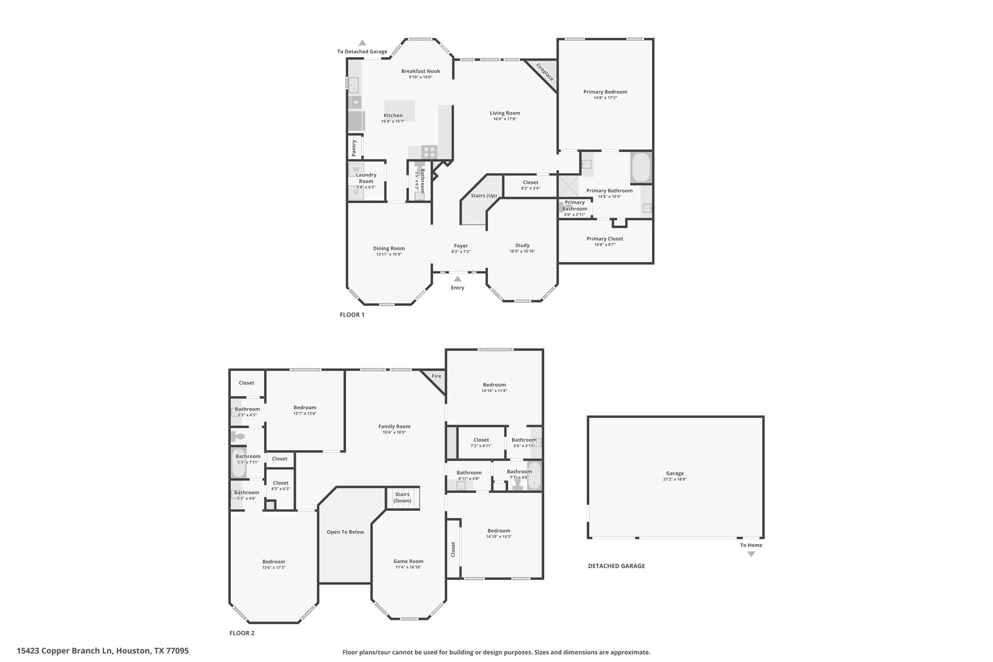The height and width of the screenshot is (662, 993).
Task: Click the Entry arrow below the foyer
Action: [457, 279]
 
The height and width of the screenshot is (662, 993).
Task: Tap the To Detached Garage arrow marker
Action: [362, 43]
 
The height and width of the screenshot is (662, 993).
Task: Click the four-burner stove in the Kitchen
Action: [429, 152]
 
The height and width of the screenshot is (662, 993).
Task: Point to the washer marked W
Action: [356, 170]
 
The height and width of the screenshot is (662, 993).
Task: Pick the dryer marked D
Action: [356, 193]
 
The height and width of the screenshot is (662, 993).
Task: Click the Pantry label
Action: [354, 148]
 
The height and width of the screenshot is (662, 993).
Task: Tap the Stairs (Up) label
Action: [484, 196]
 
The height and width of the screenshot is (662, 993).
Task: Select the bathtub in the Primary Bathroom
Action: [641, 168]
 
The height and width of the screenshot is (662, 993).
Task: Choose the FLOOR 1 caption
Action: [352, 315]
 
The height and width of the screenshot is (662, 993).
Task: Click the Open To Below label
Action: [345, 532]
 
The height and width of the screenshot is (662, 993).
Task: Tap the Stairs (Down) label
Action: [402, 498]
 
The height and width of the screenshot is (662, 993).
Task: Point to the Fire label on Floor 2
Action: [436, 376]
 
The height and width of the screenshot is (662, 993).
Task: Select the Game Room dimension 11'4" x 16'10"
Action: [408, 567]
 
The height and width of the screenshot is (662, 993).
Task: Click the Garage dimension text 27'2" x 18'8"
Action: [675, 479]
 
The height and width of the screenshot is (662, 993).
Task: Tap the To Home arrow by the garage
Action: [751, 554]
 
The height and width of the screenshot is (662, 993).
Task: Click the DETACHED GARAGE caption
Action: [616, 566]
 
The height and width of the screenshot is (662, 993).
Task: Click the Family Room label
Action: [394, 427]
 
